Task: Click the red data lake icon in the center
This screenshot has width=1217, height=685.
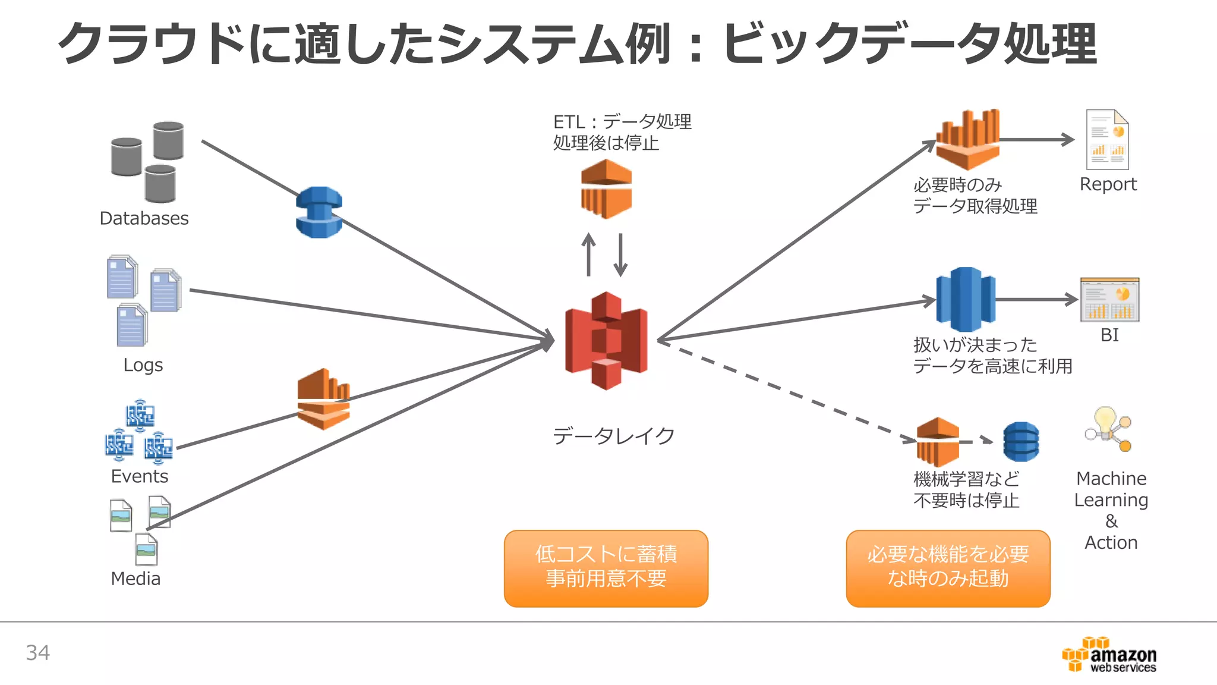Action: (x=606, y=341)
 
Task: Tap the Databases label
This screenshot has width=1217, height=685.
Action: (x=144, y=218)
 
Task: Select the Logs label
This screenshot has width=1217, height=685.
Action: (x=143, y=365)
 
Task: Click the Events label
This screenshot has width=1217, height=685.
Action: (x=140, y=476)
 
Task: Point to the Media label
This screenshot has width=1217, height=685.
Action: (x=135, y=579)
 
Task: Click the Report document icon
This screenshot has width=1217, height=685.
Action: (x=1107, y=140)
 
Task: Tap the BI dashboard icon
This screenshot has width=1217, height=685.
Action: (x=1109, y=300)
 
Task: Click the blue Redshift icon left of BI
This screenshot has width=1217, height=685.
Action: (x=966, y=299)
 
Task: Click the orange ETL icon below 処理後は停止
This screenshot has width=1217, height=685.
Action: (x=606, y=189)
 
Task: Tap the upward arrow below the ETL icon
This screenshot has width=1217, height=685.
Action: (x=588, y=254)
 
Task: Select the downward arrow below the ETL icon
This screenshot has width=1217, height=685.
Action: (x=620, y=254)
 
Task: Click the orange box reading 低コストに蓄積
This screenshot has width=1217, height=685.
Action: (x=606, y=568)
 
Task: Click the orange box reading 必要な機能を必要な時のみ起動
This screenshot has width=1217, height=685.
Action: (x=948, y=568)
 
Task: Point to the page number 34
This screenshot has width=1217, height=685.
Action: (x=38, y=653)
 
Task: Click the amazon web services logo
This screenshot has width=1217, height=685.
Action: (x=1109, y=655)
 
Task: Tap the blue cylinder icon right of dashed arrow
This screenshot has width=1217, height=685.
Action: (x=1021, y=442)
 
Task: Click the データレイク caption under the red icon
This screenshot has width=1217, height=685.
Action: (x=614, y=436)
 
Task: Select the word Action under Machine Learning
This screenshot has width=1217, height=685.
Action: (x=1111, y=542)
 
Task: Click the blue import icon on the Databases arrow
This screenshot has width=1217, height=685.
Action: (x=319, y=212)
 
